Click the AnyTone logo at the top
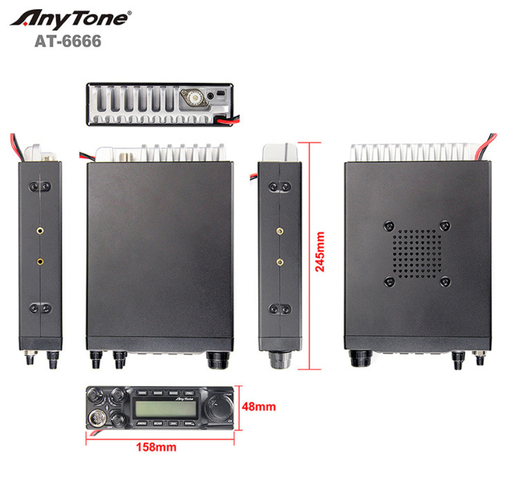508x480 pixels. (x=70, y=18)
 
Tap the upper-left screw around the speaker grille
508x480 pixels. (x=389, y=225)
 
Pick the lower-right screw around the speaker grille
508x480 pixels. (x=444, y=282)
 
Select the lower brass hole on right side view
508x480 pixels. (x=279, y=261)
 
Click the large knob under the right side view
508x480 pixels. (x=279, y=362)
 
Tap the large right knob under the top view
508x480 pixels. (x=218, y=359)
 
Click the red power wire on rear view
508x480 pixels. (x=228, y=121)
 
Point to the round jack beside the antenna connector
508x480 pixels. (x=212, y=94)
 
